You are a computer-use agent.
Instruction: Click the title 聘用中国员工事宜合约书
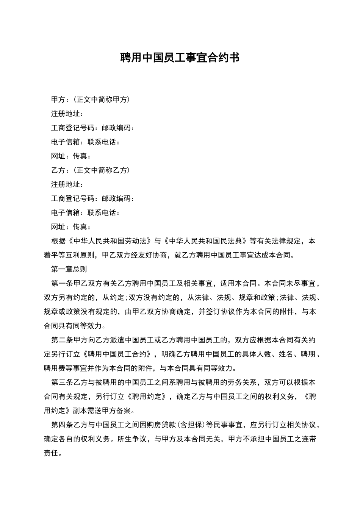(x=180, y=58)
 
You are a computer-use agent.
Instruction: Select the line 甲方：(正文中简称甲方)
(x=91, y=100)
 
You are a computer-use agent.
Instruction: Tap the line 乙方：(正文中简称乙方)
(x=91, y=170)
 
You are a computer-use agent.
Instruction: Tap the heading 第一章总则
(x=69, y=269)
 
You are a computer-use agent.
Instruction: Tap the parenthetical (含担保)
(x=191, y=425)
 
